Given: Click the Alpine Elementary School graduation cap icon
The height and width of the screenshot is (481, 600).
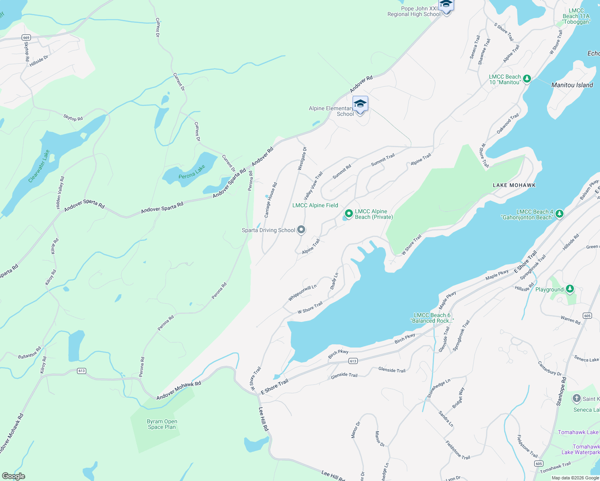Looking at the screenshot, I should (360, 104).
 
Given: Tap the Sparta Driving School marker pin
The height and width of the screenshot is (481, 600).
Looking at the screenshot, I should (301, 230).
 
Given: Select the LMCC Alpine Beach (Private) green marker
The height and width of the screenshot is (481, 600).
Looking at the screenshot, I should (349, 214).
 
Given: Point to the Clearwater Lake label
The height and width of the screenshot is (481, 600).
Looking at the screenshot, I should (39, 166).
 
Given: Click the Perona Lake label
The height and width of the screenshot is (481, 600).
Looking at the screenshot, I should (192, 172).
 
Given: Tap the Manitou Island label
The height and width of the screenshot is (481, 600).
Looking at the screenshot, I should (572, 85).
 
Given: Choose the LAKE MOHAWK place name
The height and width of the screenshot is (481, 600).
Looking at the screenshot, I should (514, 185).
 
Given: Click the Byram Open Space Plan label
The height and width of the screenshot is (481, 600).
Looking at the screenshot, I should (162, 424).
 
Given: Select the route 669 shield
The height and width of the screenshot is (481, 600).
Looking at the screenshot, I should (26, 38).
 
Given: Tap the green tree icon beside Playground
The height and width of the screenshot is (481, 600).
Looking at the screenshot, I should (570, 289).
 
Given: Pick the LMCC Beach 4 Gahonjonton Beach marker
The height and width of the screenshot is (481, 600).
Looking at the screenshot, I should (559, 214).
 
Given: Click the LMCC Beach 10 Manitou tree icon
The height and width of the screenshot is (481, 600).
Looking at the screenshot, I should (527, 79).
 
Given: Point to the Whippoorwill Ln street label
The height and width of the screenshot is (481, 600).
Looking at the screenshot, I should (302, 293).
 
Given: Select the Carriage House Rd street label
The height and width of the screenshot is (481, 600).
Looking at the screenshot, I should (271, 200).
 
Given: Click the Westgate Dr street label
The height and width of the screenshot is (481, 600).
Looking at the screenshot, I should (302, 158).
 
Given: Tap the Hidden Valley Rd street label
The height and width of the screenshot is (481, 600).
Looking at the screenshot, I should (60, 193).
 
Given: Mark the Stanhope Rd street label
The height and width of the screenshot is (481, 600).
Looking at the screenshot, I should (561, 391).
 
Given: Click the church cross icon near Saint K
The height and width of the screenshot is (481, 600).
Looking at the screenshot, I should (576, 398).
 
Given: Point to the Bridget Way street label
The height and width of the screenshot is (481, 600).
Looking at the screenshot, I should (458, 398).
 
